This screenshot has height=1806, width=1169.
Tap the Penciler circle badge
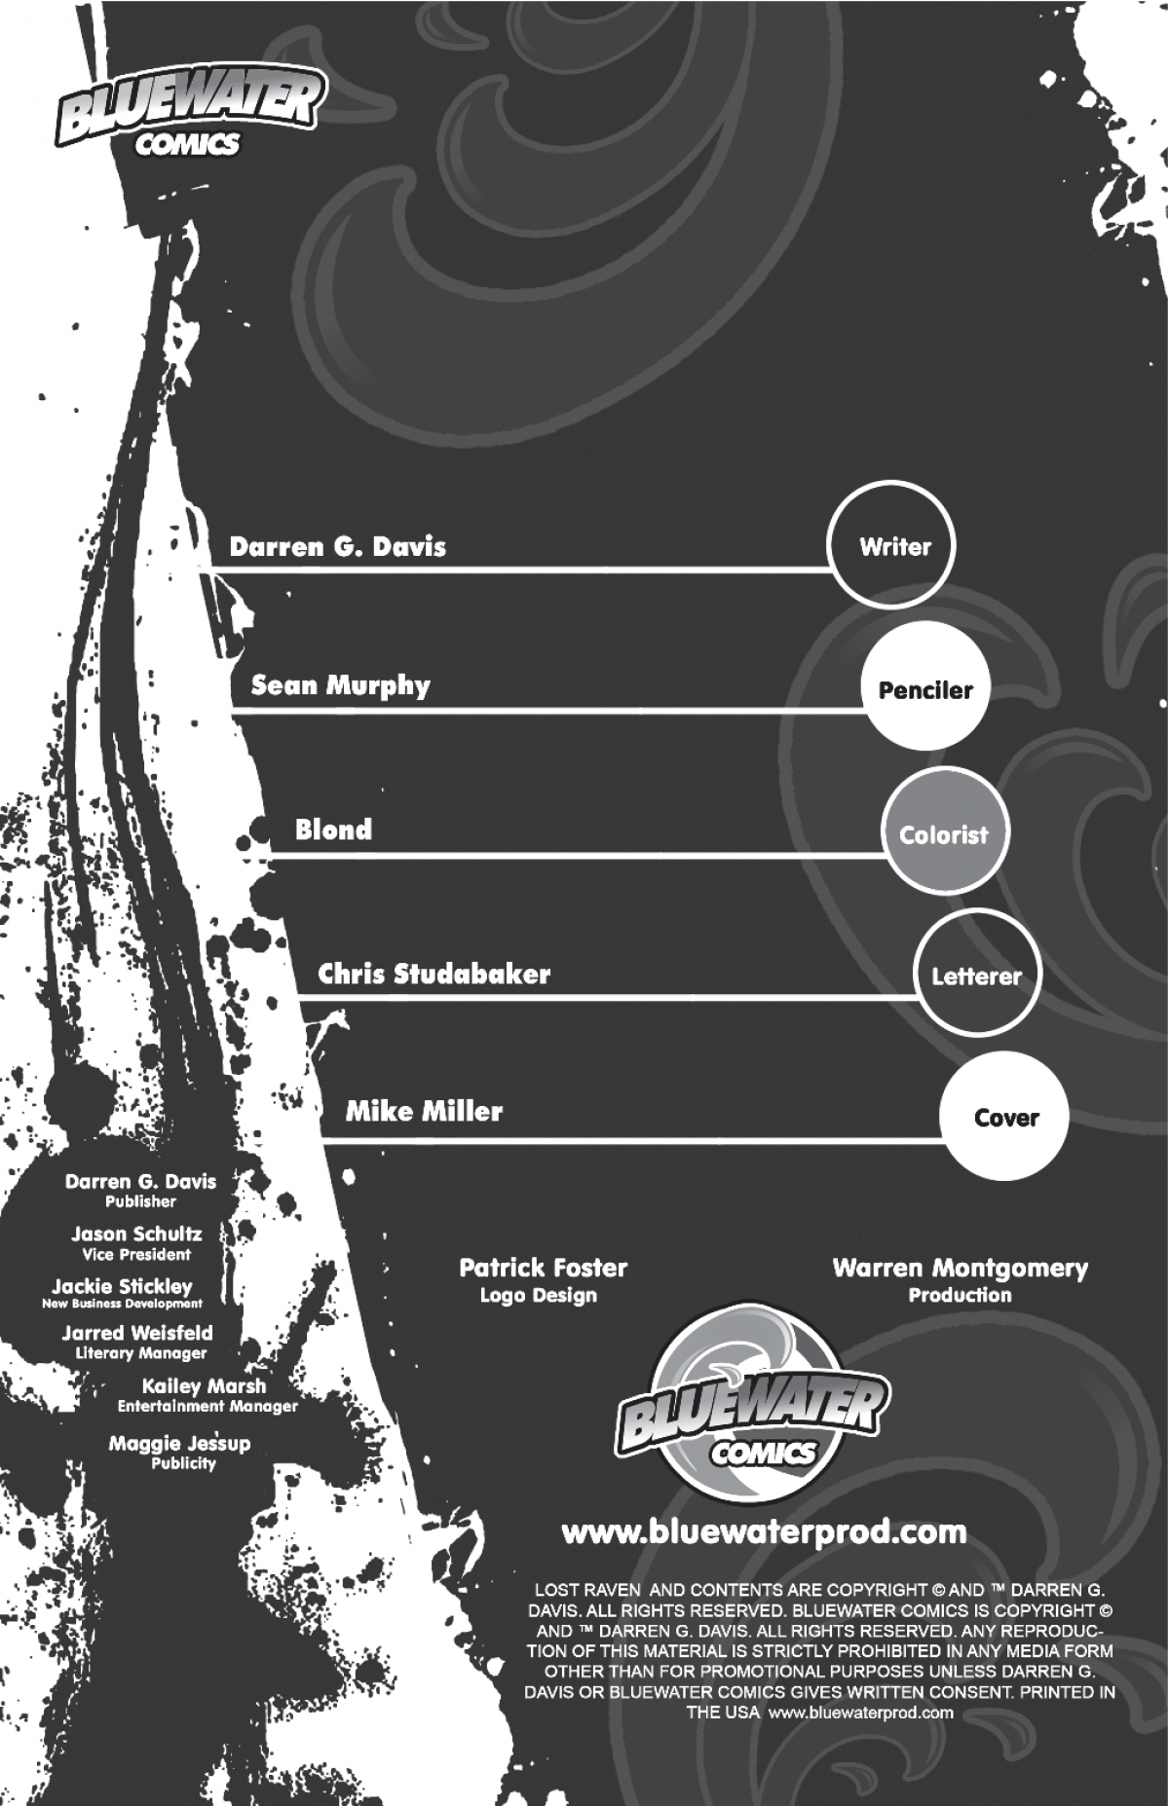pyautogui.click(x=925, y=689)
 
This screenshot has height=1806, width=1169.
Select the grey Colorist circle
pyautogui.click(x=945, y=832)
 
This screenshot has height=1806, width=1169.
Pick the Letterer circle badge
pyautogui.click(x=977, y=975)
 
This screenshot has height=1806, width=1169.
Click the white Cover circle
pyautogui.click(x=1004, y=1117)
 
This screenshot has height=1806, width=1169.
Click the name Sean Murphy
pyautogui.click(x=340, y=686)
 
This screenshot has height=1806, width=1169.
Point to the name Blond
pyautogui.click(x=333, y=829)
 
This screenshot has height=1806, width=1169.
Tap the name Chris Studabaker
pyautogui.click(x=434, y=974)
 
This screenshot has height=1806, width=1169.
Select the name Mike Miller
pyautogui.click(x=424, y=1111)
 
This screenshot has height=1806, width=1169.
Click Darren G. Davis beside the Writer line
pyautogui.click(x=337, y=546)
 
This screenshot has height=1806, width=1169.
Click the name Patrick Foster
pyautogui.click(x=543, y=1268)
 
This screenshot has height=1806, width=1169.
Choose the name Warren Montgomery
pyautogui.click(x=960, y=1268)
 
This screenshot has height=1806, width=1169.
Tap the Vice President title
pyautogui.click(x=136, y=1255)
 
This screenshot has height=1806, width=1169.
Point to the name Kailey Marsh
pyautogui.click(x=204, y=1385)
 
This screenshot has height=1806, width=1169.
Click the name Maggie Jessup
pyautogui.click(x=179, y=1443)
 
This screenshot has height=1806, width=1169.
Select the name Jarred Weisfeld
pyautogui.click(x=137, y=1333)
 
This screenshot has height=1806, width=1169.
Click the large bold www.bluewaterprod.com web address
pyautogui.click(x=765, y=1532)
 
